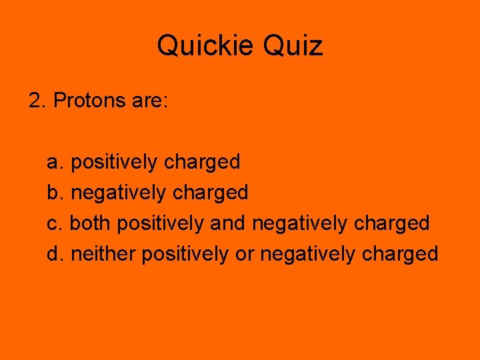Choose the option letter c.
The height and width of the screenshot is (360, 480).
(x=54, y=223)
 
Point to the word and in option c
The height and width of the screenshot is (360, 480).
(x=228, y=223)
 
